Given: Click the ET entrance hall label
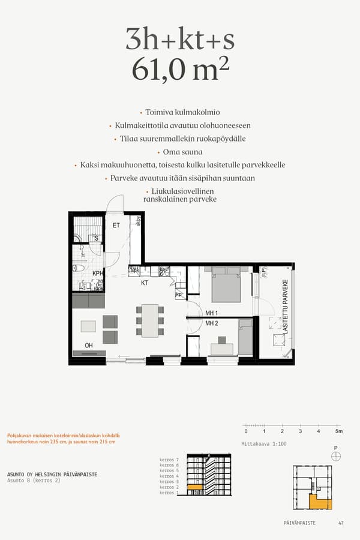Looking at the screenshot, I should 116,226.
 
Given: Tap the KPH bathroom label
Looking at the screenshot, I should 98,273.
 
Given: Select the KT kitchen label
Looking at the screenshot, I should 145,282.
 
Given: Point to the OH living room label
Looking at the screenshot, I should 88,345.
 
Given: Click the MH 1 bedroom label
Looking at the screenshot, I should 212,313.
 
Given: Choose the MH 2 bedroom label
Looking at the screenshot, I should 212,323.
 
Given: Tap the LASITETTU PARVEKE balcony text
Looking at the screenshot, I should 286,307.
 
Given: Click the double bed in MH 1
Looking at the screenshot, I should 226,285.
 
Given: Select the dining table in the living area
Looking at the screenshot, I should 150,320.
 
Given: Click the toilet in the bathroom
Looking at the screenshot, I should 77,268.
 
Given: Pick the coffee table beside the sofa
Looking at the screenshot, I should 88,326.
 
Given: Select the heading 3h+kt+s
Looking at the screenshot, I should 180,39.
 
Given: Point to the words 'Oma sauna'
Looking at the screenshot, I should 182,152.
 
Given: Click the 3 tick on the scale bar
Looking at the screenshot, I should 300,431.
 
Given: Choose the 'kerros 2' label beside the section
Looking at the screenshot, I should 170,487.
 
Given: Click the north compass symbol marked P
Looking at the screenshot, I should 335,456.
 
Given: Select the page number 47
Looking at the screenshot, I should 341,523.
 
